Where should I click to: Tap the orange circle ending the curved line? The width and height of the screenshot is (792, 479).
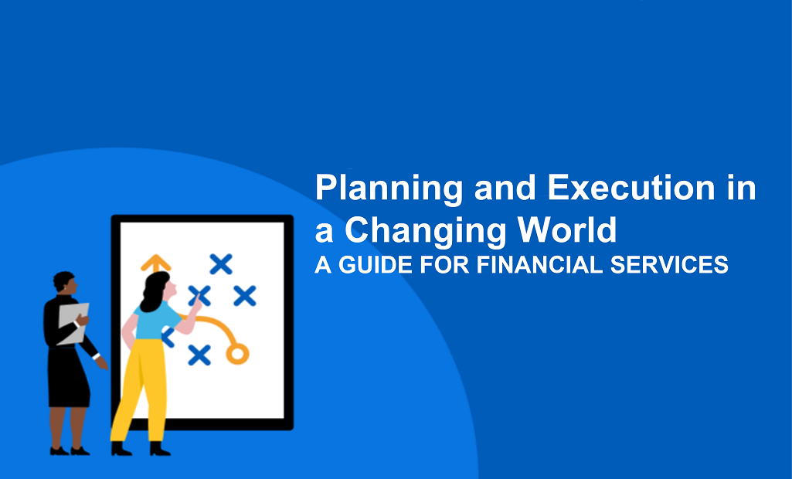pos(236,355)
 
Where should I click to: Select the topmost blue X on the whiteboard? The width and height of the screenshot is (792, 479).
pos(221,265)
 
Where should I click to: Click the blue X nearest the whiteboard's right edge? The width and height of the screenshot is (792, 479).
pos(244,295)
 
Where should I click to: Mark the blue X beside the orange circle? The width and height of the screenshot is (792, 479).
pos(199,355)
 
